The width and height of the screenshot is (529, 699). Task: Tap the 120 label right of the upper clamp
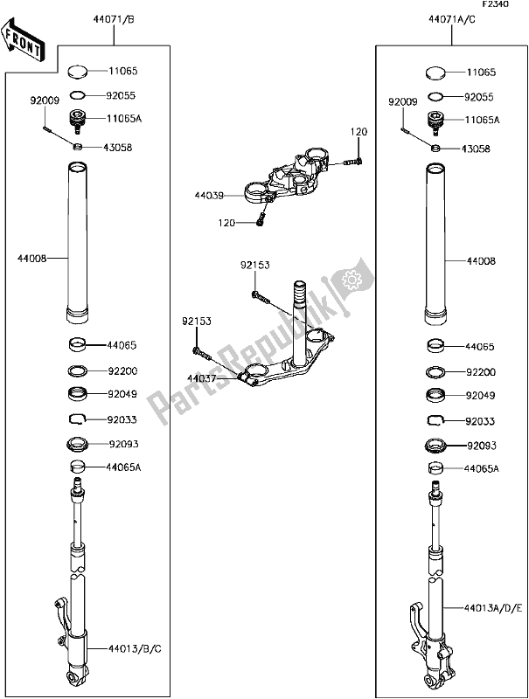[359, 131]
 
